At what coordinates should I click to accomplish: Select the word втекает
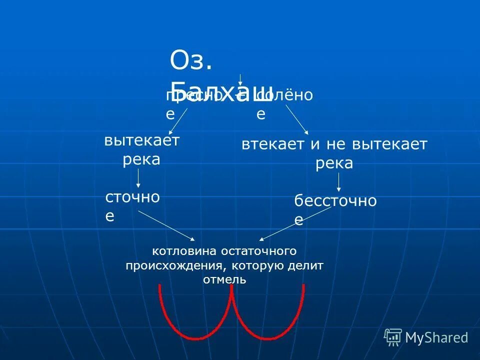tap(273, 145)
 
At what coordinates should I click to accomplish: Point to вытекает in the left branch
tap(141, 140)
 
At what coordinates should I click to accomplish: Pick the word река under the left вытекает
tap(141, 159)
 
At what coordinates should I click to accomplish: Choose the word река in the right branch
tap(334, 163)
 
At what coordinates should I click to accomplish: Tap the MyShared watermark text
tap(436, 338)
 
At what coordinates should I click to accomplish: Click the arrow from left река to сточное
tap(138, 178)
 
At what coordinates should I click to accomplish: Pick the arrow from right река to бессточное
tap(338, 182)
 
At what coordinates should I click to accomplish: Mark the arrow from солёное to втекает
tap(296, 120)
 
